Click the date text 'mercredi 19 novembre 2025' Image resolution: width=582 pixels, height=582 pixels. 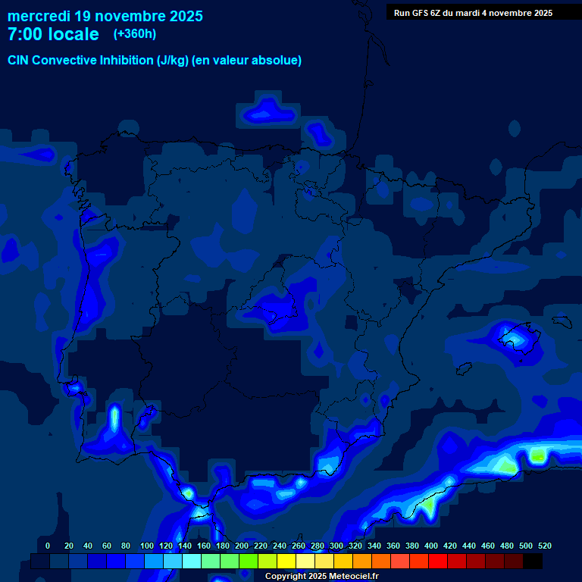pyautogui.click(x=105, y=16)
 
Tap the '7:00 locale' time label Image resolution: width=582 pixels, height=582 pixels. pyautogui.click(x=53, y=34)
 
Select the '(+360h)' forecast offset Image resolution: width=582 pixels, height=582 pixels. pyautogui.click(x=134, y=34)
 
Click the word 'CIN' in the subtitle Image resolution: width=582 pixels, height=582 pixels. pyautogui.click(x=18, y=60)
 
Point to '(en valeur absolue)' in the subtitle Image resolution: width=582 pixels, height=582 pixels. pyautogui.click(x=247, y=60)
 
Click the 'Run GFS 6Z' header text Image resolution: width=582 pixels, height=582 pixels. pyautogui.click(x=420, y=13)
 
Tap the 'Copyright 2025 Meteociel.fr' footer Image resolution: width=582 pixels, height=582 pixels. pyautogui.click(x=321, y=576)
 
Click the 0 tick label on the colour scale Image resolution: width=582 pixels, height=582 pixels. pyautogui.click(x=48, y=546)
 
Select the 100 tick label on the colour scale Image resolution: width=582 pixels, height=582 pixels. pyautogui.click(x=146, y=546)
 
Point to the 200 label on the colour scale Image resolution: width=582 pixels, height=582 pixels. pyautogui.click(x=241, y=546)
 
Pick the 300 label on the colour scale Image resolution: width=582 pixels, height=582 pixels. pyautogui.click(x=336, y=546)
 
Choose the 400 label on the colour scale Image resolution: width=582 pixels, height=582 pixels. pyautogui.click(x=431, y=546)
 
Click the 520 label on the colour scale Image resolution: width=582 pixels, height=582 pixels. pyautogui.click(x=545, y=546)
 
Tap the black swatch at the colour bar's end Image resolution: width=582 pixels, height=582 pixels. pyautogui.click(x=533, y=561)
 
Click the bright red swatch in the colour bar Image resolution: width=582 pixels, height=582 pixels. pyautogui.click(x=437, y=561)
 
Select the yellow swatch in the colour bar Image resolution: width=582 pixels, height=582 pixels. pyautogui.click(x=286, y=561)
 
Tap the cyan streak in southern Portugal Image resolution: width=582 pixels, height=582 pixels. pyautogui.click(x=114, y=419)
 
